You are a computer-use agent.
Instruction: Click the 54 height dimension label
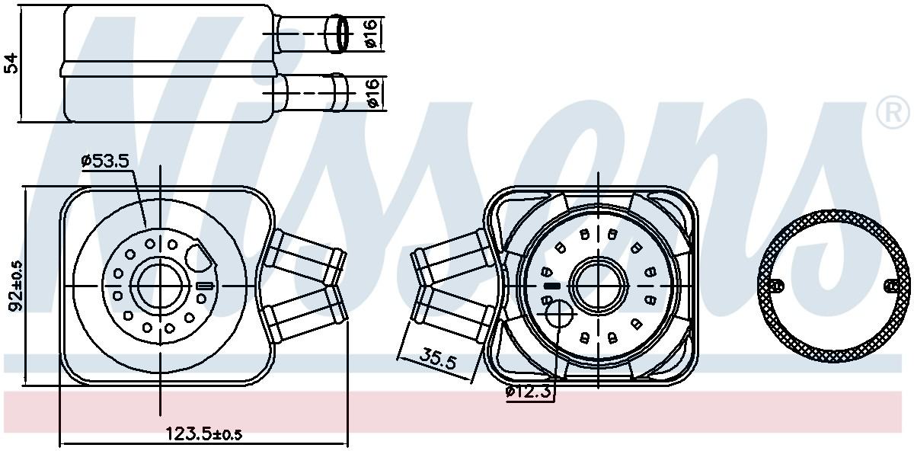coord(11,62)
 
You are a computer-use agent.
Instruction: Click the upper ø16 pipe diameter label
coord(370,34)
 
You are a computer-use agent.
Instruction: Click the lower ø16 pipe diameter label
coord(371,91)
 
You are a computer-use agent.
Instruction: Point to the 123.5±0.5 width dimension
coord(204,434)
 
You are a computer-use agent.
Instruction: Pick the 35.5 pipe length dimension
coord(437,358)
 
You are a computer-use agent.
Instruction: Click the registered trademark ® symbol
coord(893,114)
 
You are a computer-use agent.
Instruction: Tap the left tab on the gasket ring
coord(775,286)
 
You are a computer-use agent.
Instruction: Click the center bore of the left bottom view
coord(161,286)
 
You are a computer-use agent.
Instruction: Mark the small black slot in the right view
coord(552,286)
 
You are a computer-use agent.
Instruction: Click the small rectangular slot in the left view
coord(204,286)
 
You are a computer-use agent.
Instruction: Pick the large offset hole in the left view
coord(200,257)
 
